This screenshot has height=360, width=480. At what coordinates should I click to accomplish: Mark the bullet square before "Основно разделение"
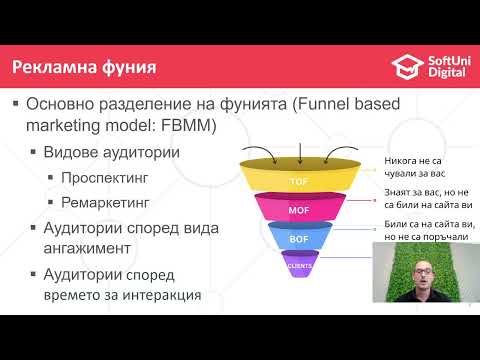coord(15,103)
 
